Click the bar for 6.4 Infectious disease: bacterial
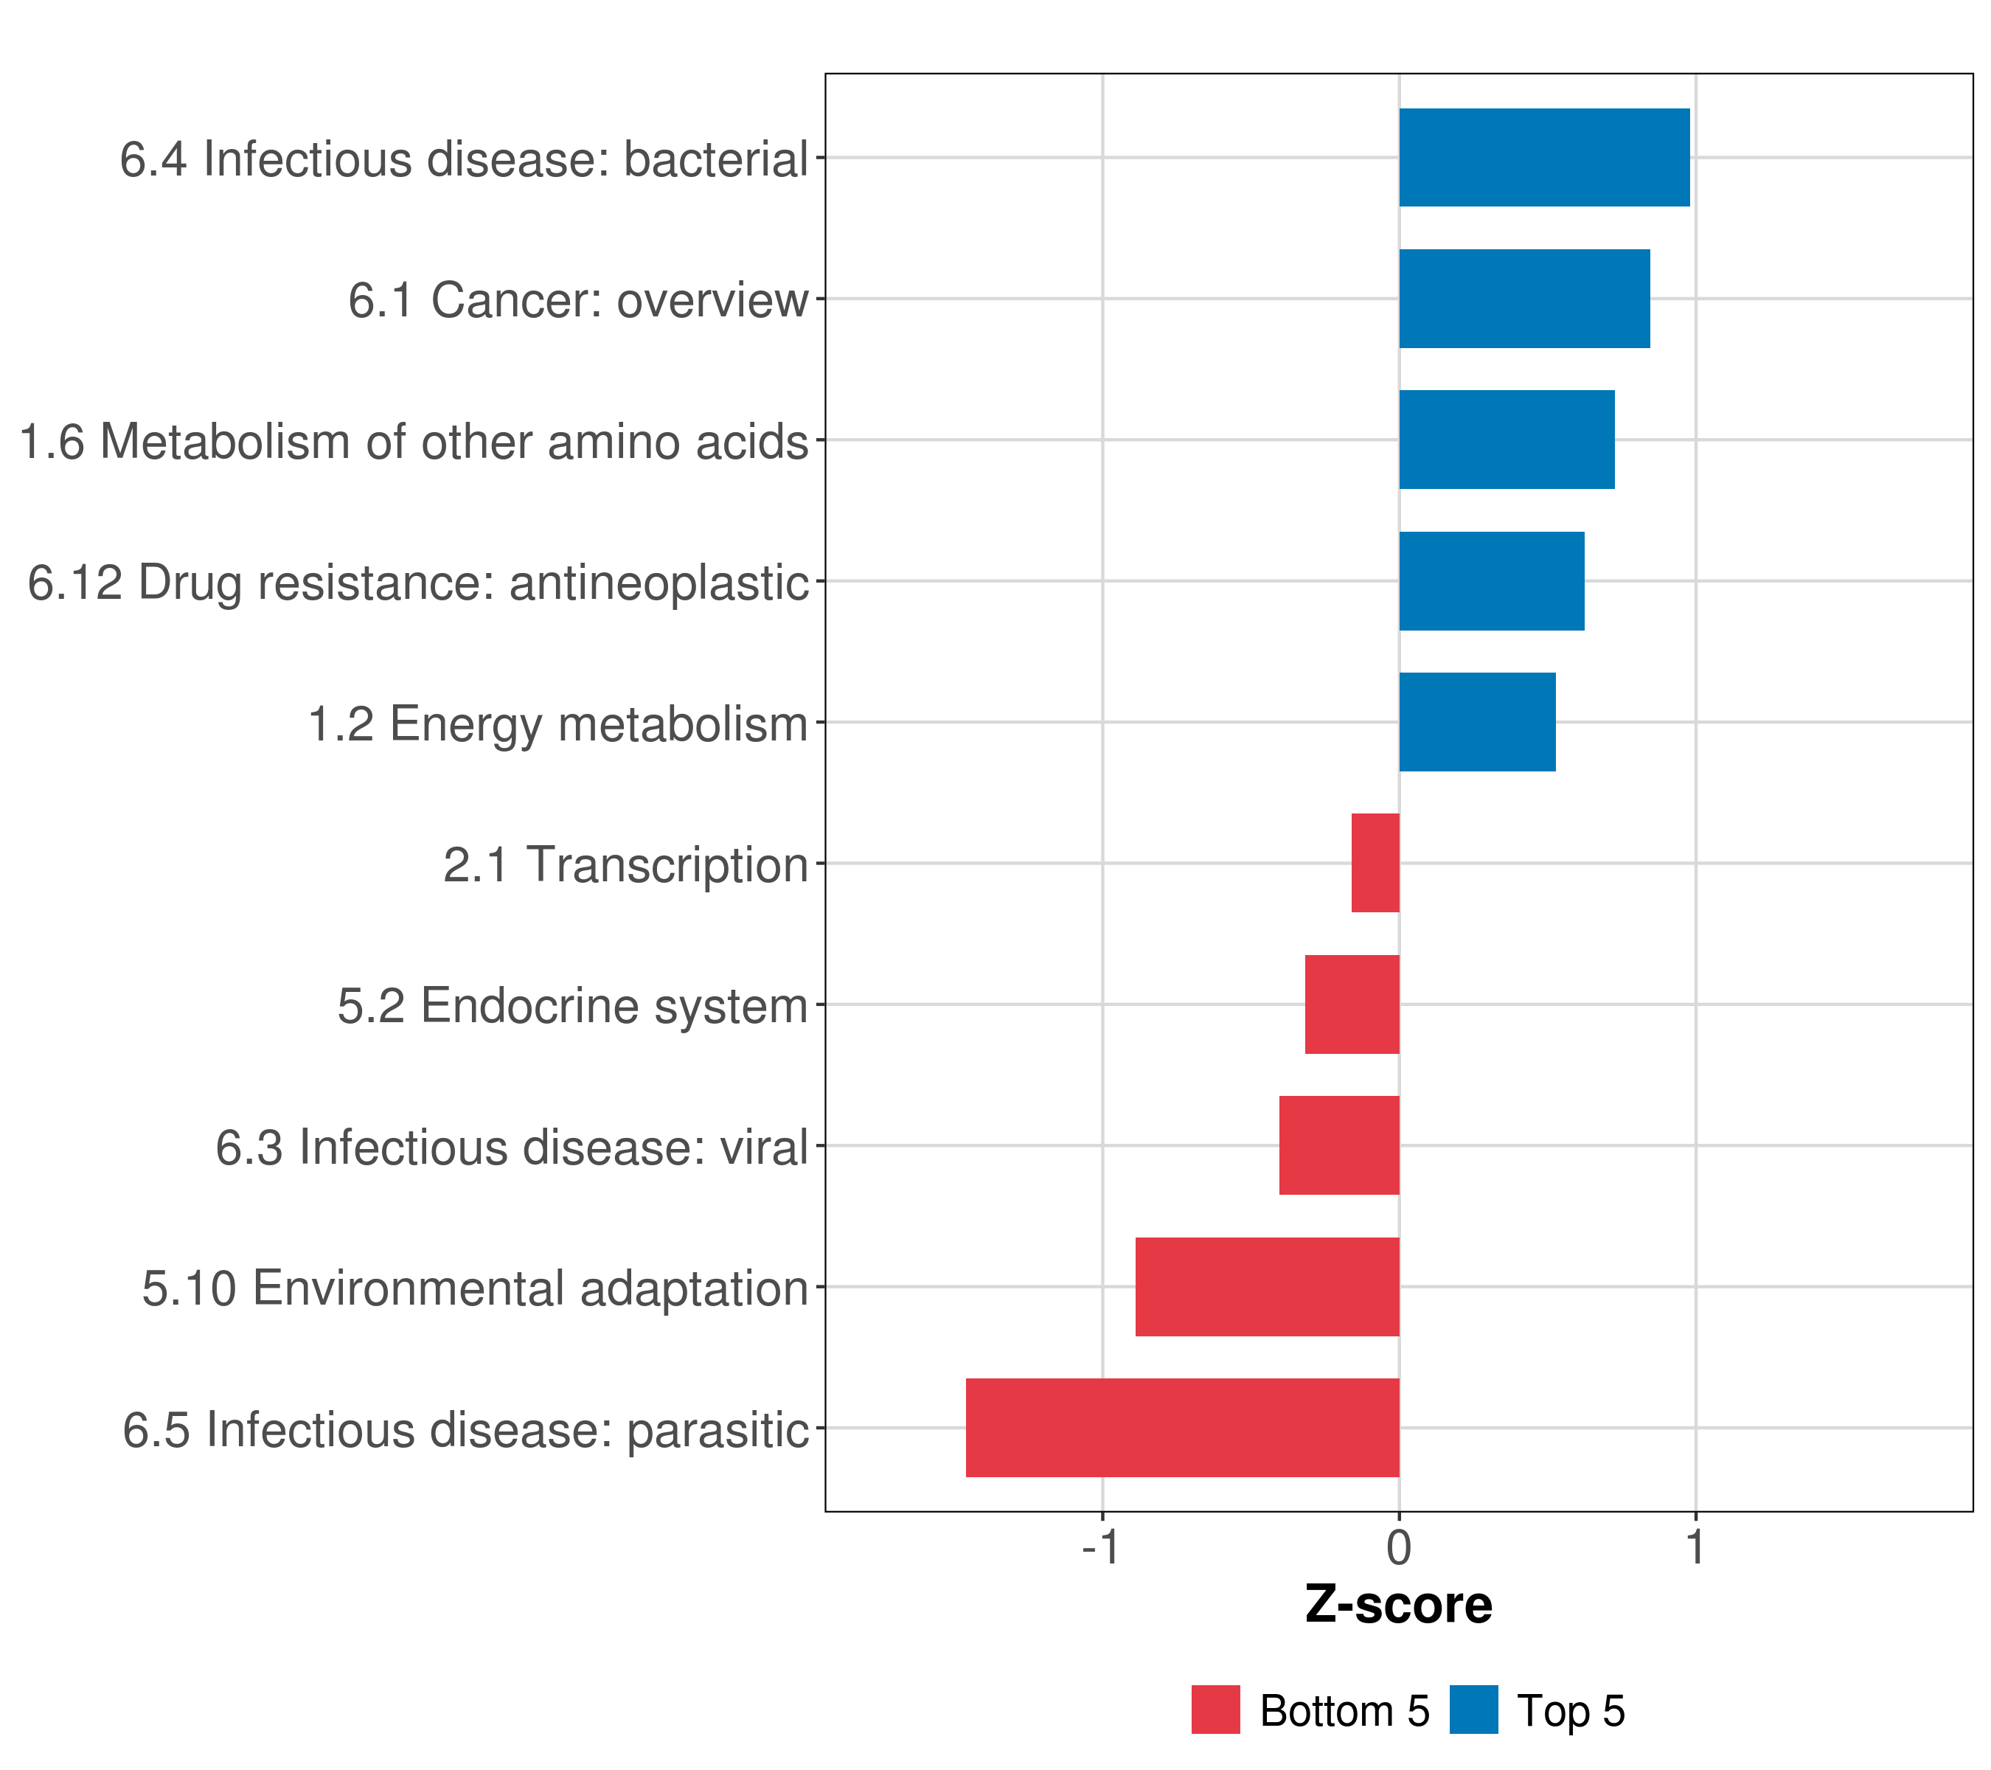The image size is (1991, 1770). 1544,158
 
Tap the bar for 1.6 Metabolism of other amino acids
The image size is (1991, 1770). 1507,440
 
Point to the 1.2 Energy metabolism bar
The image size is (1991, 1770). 1477,722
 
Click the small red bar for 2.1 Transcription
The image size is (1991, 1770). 1375,863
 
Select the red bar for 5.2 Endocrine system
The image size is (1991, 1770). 1352,1004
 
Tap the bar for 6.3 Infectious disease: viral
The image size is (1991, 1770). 1339,1145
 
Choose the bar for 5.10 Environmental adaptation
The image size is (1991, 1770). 1268,1287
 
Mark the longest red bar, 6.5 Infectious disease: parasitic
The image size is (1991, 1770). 1183,1428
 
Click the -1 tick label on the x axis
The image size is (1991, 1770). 1101,1548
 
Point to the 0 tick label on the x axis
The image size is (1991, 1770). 1399,1548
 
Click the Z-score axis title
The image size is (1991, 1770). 1399,1606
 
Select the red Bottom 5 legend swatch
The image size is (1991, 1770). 1216,1710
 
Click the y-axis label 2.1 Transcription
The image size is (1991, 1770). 625,865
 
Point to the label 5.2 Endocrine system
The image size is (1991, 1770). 573,1006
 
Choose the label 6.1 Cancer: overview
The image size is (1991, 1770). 579,300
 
